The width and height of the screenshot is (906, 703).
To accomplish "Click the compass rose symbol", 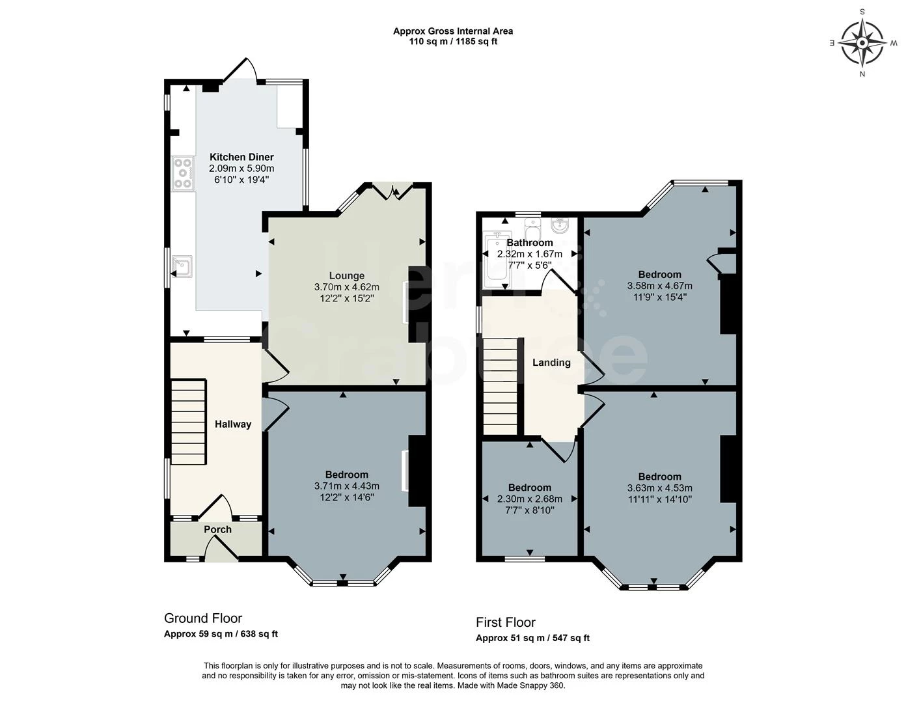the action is pos(862,43).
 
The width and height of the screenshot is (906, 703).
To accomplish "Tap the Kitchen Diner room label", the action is pos(241,157).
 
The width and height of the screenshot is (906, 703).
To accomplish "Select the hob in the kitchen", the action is pos(184,173).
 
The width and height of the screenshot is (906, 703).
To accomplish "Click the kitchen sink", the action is pos(182,266).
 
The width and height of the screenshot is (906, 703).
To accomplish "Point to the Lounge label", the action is pos(346,275).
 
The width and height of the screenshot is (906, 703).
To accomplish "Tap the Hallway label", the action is pos(232,424).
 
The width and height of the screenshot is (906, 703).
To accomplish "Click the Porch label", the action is pos(217,529).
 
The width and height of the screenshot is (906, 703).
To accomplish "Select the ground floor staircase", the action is pos(189,422).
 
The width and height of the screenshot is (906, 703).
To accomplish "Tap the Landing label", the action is pos(551,363).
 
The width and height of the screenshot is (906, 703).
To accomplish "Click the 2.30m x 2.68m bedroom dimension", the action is pos(530,499).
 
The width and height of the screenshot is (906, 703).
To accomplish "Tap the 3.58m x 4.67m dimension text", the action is pos(659,286).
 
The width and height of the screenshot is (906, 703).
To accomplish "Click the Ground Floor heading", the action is pos(202,618).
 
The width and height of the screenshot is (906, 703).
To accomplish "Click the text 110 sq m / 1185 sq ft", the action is pos(453,42).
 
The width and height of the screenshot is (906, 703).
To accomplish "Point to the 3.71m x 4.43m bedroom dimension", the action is pos(346,486).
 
